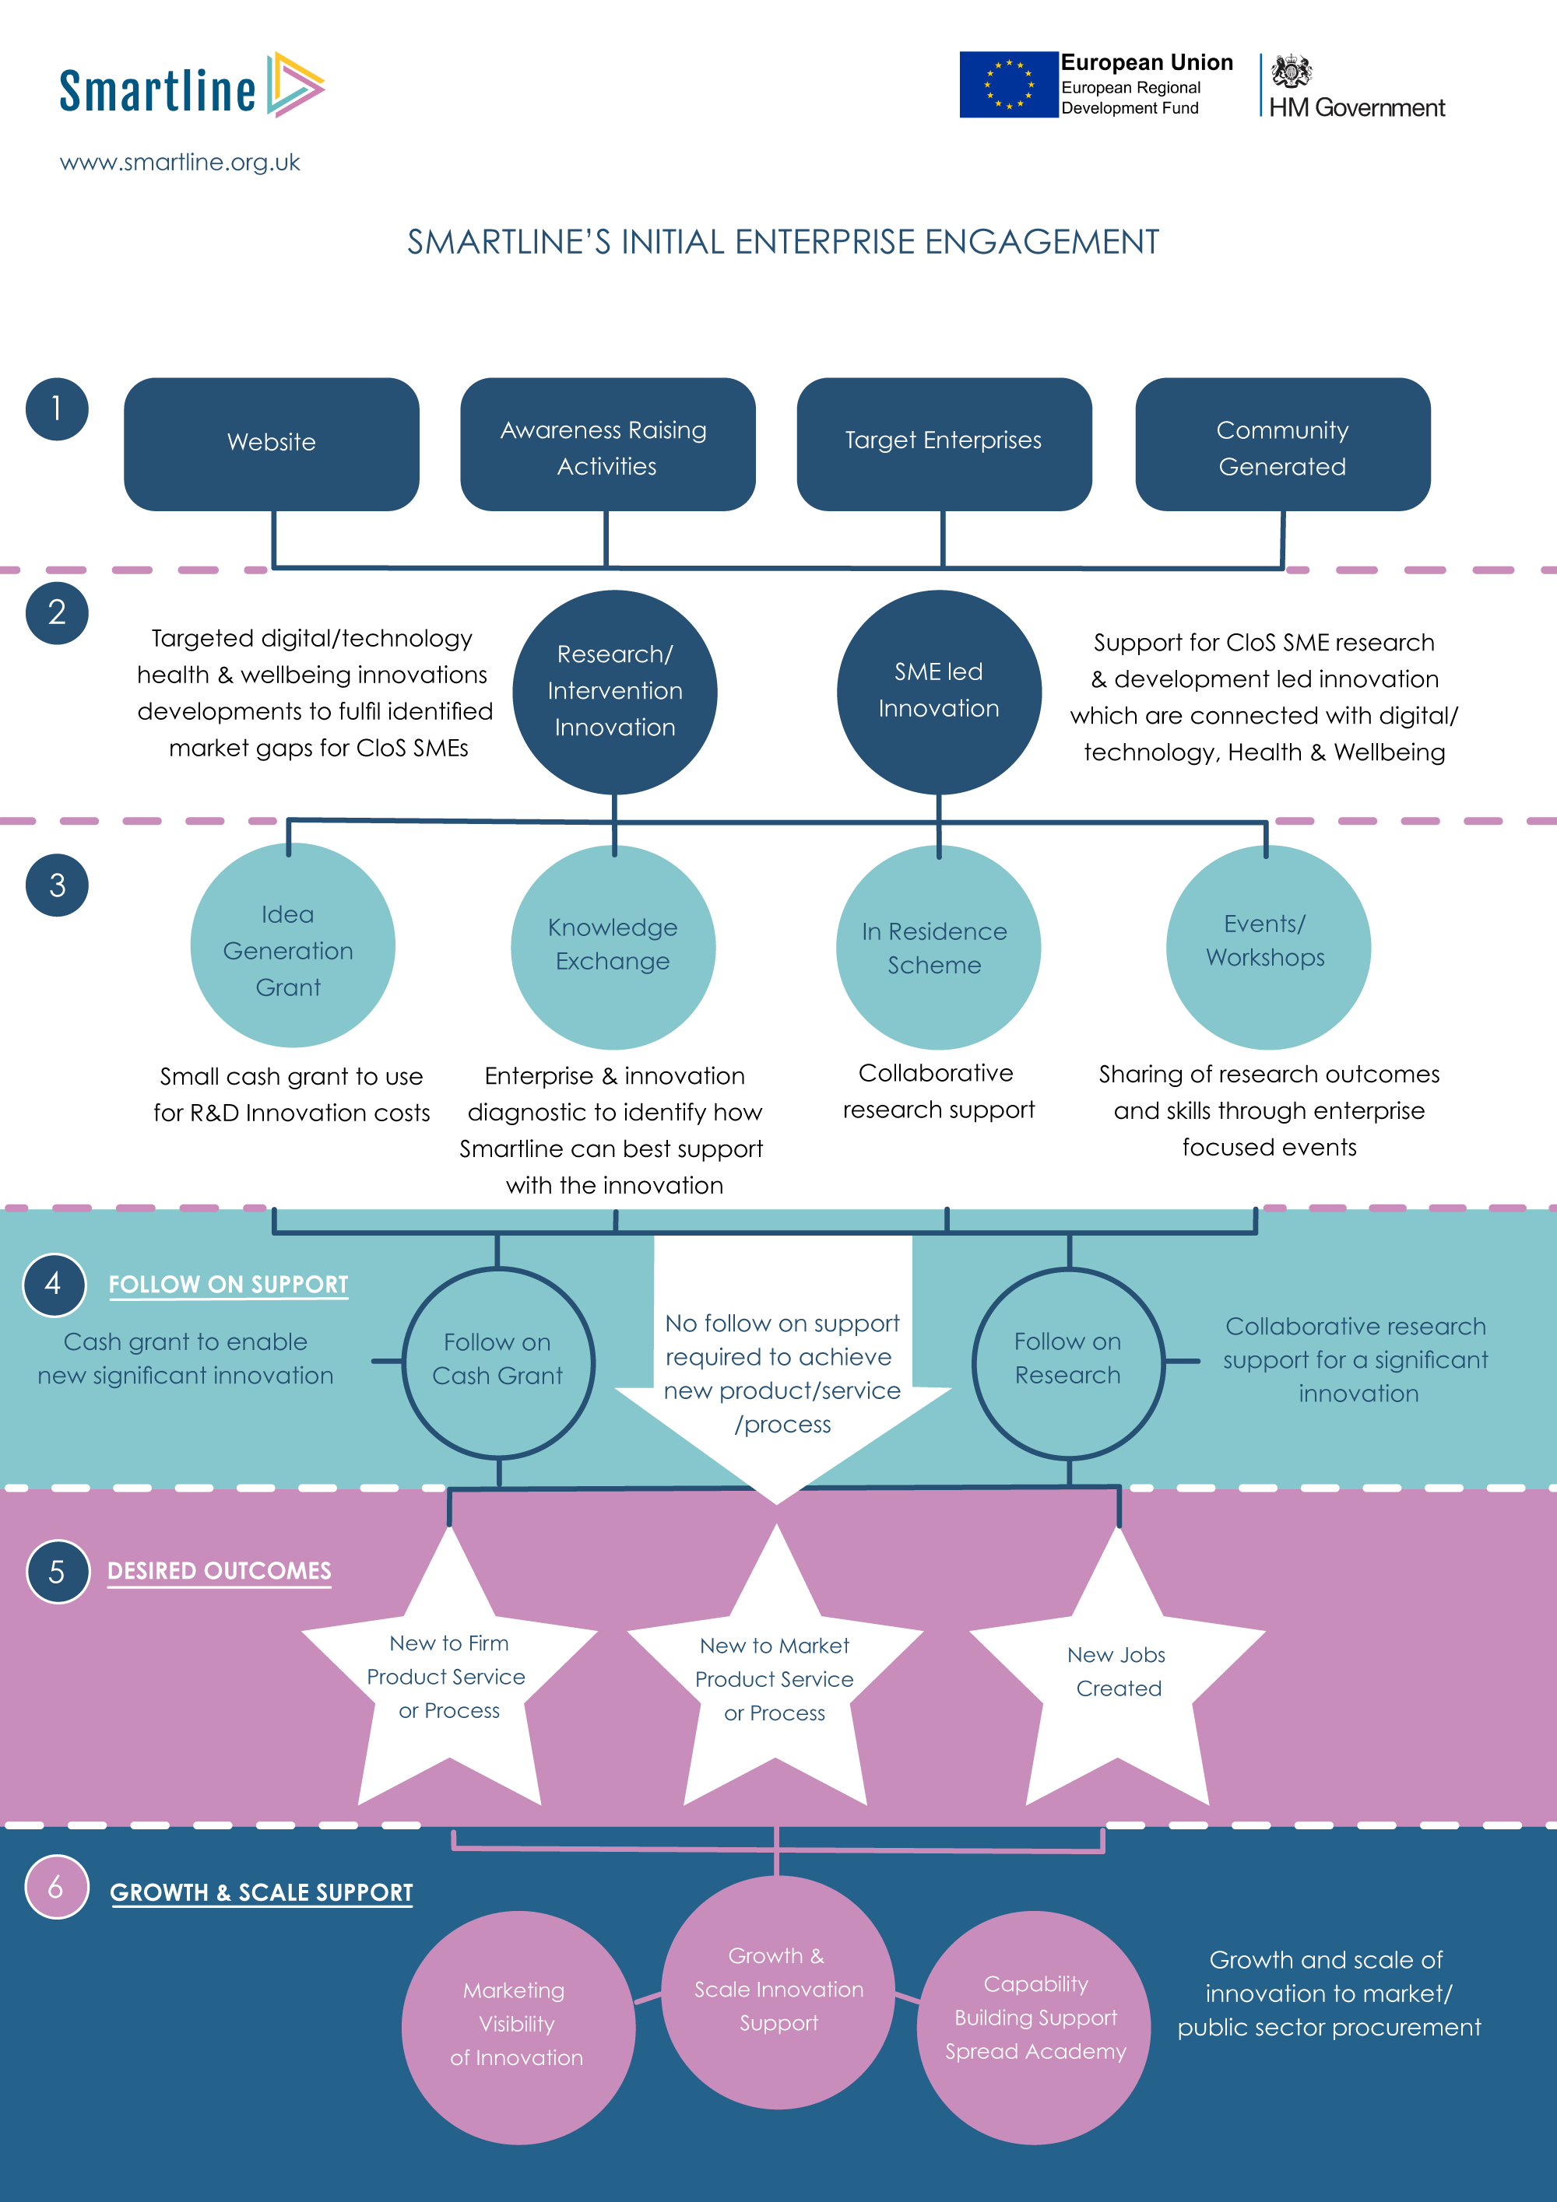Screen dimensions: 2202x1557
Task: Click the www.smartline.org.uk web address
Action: click(x=179, y=162)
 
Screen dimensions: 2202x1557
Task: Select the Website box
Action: click(x=272, y=443)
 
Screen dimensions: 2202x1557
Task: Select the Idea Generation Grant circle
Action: click(x=292, y=947)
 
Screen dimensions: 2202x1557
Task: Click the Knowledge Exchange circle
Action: click(x=613, y=947)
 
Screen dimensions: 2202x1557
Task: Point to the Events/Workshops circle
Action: click(x=1267, y=947)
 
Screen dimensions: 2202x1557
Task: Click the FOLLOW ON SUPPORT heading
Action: click(x=228, y=1284)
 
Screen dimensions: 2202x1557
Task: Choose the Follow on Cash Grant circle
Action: click(x=498, y=1362)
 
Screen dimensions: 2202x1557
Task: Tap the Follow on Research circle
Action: click(x=1068, y=1362)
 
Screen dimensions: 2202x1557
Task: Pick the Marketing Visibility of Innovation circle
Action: click(x=517, y=2026)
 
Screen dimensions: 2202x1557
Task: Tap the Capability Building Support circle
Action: click(x=1034, y=2026)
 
